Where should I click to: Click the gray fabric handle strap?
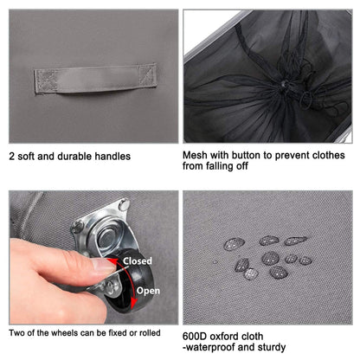[x=95, y=79]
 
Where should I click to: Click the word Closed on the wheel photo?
[x=138, y=261]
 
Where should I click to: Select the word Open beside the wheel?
[x=148, y=291]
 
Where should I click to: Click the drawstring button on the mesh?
[x=284, y=84]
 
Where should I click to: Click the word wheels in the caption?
[x=66, y=333]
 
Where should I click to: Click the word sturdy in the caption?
[x=272, y=347]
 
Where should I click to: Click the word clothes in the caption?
[x=328, y=155]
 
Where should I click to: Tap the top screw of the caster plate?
[x=124, y=204]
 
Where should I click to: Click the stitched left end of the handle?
[x=46, y=81]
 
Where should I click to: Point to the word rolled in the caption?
[x=150, y=333]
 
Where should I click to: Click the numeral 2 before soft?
[x=12, y=157]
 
